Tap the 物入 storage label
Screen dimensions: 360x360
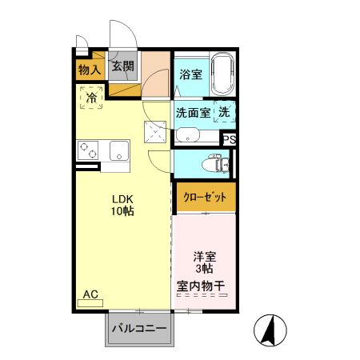(x=90, y=70)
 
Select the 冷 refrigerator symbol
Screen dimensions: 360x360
(x=91, y=98)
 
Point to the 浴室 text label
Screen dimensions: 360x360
(x=190, y=75)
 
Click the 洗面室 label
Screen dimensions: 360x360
(x=193, y=113)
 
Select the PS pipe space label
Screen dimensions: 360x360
(x=230, y=138)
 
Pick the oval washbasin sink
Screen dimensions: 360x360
(x=188, y=134)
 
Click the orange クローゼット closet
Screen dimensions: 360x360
(x=206, y=197)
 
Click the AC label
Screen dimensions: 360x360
(x=90, y=294)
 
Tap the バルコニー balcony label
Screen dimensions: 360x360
(x=138, y=329)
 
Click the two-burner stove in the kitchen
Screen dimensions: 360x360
(x=88, y=150)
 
